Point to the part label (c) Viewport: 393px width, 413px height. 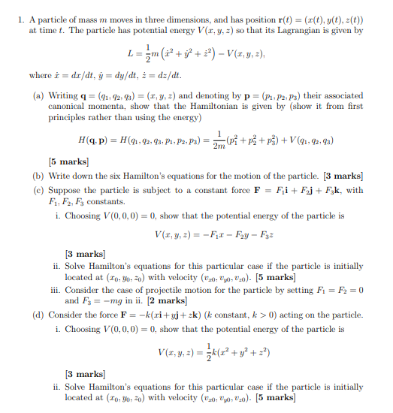click(38, 190)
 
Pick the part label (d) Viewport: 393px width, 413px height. click(38, 315)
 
